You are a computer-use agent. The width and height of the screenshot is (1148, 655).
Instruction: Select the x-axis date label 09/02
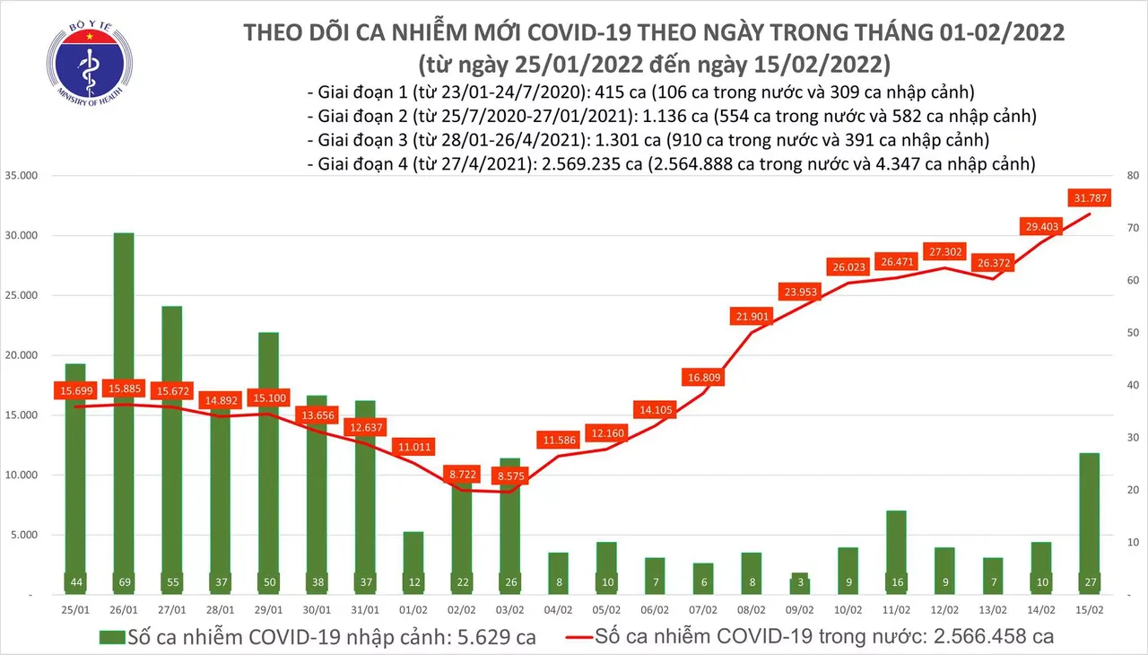coord(800,608)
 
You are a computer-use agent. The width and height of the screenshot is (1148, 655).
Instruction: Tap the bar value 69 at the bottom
coord(124,583)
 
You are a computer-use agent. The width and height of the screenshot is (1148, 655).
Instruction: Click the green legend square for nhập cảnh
coord(109,637)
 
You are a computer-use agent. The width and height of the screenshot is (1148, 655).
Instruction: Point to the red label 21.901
coord(752,316)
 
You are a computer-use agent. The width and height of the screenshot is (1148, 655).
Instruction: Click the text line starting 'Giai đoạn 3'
coord(647,140)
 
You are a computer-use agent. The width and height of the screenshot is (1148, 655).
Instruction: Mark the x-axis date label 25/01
coord(75,608)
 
